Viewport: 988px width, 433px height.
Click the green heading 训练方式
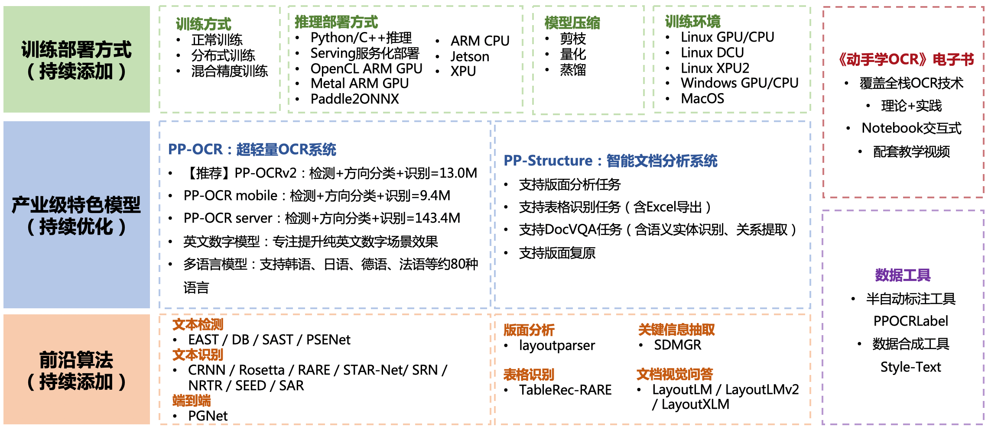click(203, 24)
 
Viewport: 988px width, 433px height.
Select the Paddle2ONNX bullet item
click(354, 99)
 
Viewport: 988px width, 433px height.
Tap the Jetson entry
click(470, 56)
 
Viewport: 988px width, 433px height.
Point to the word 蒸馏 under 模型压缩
click(573, 70)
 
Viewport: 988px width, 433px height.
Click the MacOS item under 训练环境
click(702, 98)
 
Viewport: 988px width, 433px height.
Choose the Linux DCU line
click(712, 52)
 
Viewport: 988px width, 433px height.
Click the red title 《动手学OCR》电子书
click(905, 59)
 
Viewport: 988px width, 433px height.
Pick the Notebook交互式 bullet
click(911, 128)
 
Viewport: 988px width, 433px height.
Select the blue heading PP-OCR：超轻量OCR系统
click(252, 149)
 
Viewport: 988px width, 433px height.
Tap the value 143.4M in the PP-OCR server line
click(437, 218)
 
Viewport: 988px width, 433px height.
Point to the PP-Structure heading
click(610, 161)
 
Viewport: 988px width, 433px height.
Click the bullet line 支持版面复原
click(557, 253)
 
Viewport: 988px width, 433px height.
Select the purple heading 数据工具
click(903, 275)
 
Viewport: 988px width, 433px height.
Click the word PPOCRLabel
click(910, 321)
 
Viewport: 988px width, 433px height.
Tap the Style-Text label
click(910, 367)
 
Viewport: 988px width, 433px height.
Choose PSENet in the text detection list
click(328, 339)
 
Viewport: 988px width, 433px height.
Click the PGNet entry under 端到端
click(208, 416)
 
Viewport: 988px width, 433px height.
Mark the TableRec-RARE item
click(565, 390)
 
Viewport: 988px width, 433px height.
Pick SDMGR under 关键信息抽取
click(677, 345)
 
